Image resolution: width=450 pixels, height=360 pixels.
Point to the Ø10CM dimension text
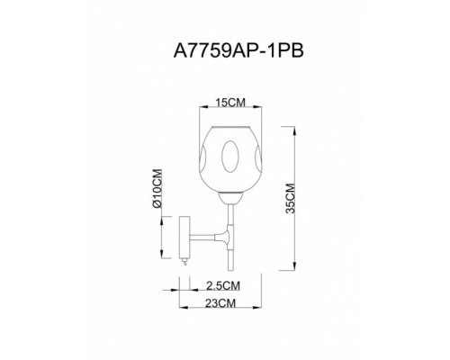[157, 189]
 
